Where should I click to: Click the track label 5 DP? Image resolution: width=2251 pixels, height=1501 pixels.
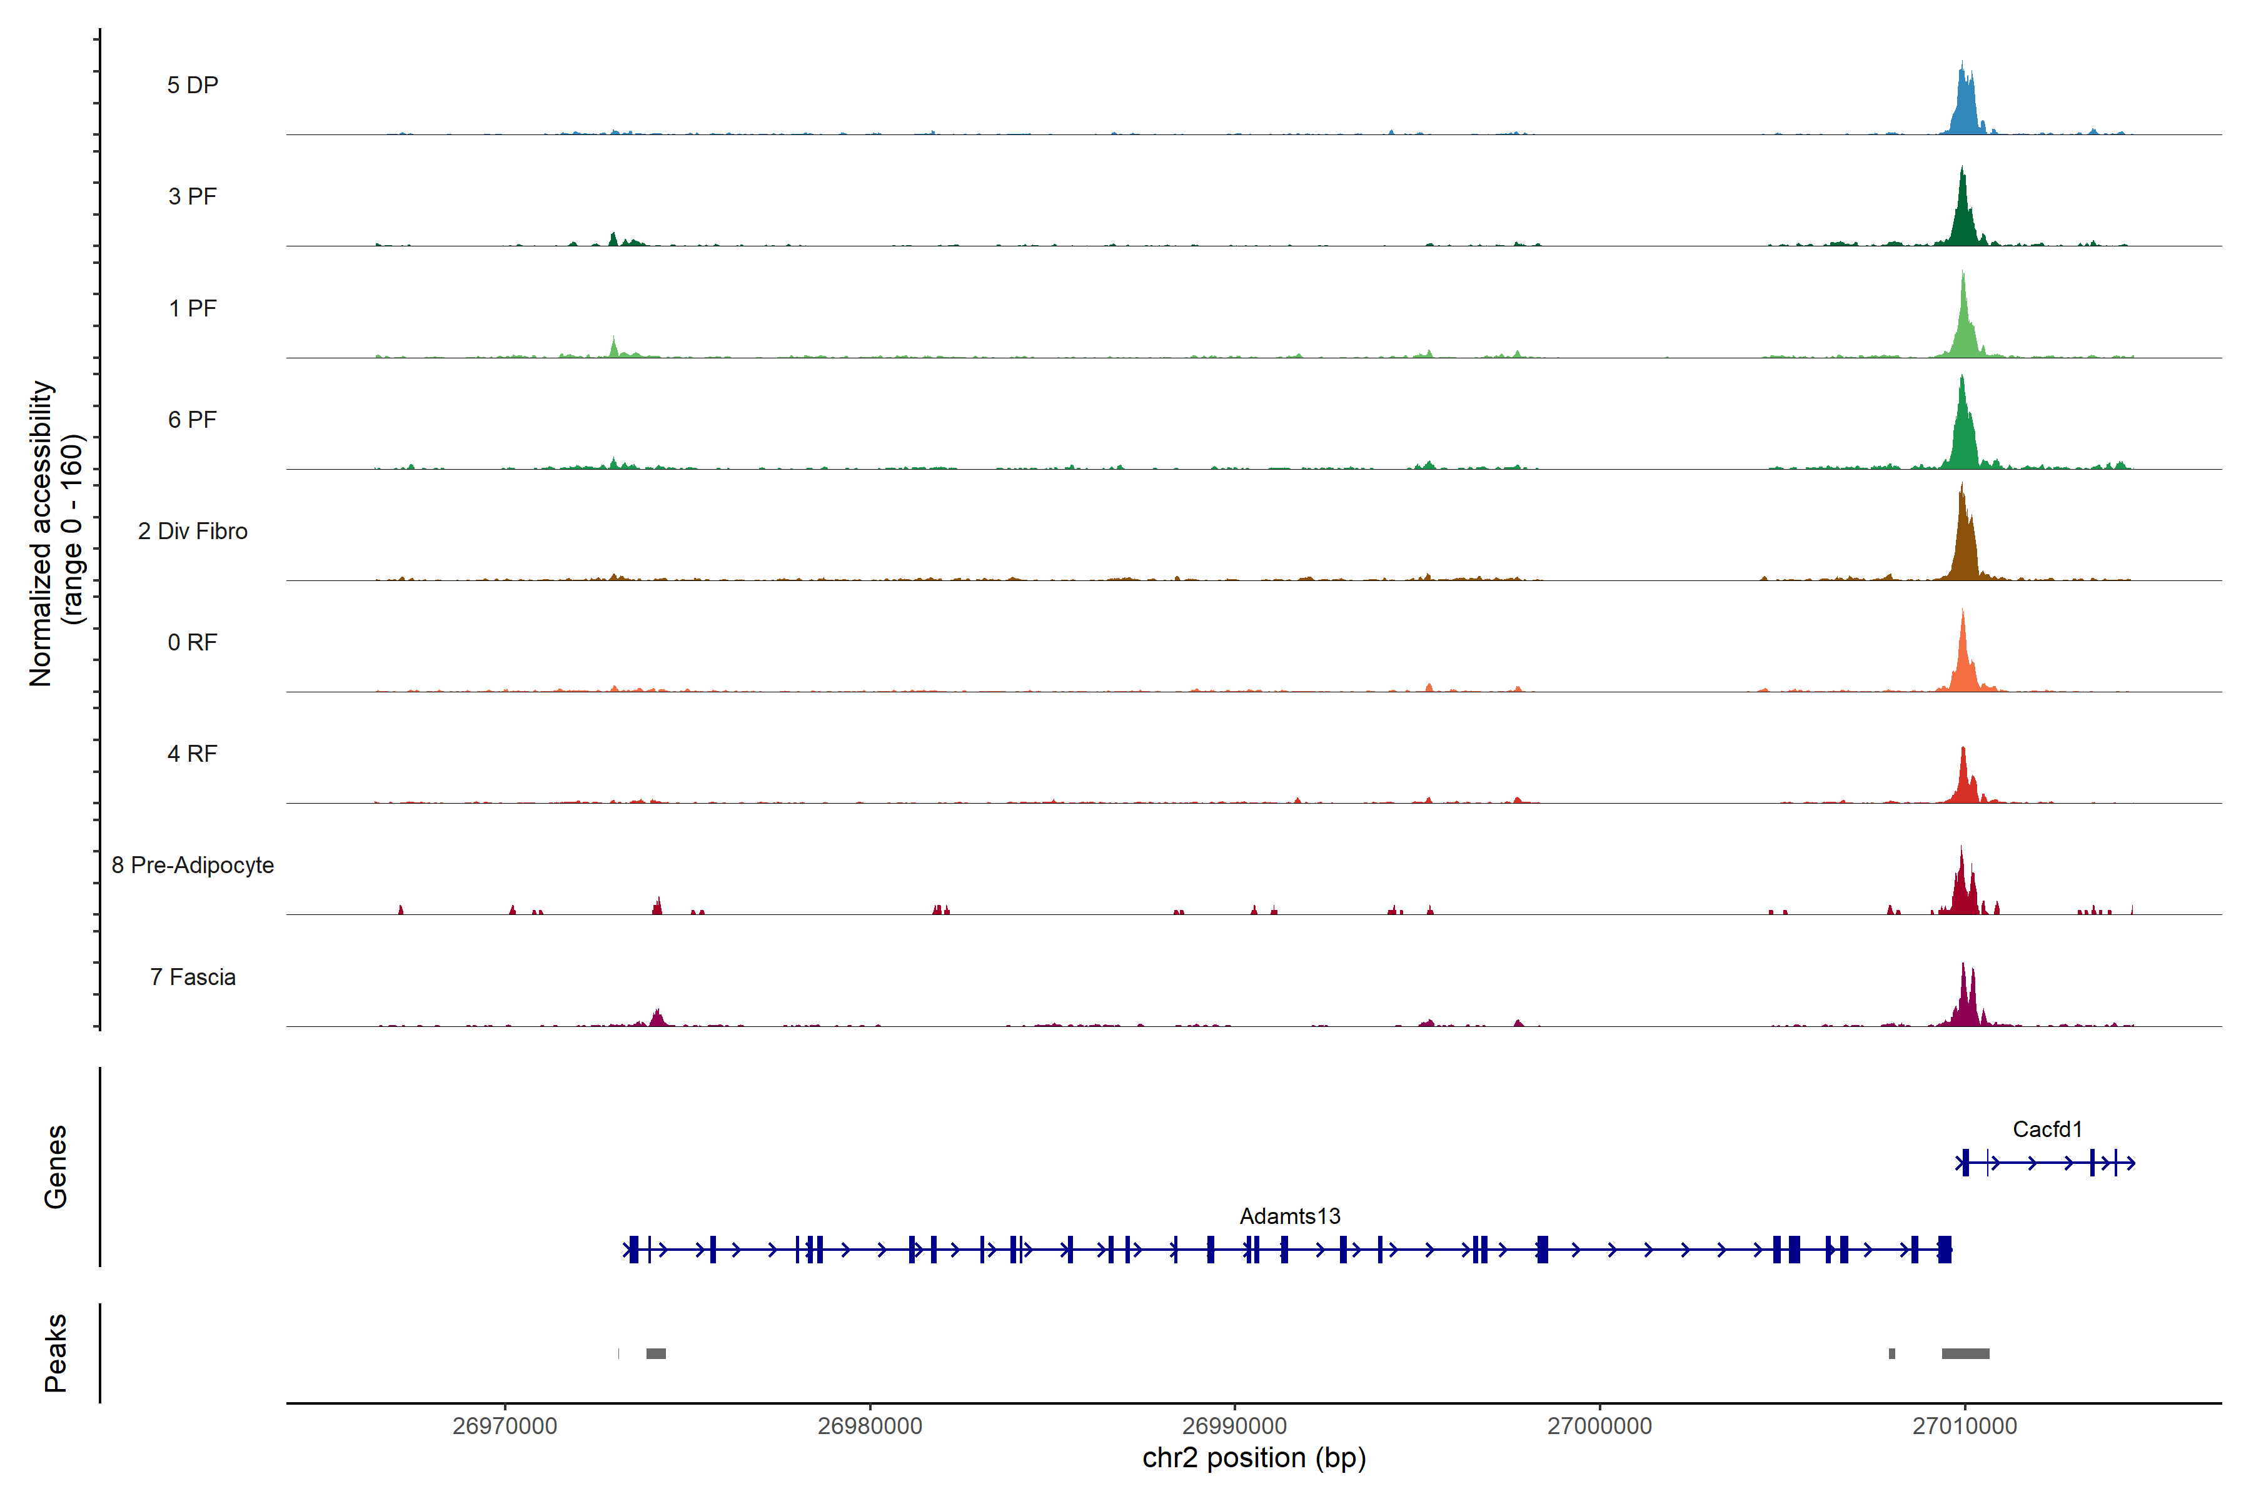pos(193,85)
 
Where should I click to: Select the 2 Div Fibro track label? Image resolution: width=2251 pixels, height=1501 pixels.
pos(193,531)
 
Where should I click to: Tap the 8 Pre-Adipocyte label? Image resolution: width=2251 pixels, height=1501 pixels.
pos(193,866)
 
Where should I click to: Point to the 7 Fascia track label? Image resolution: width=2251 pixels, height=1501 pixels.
pos(193,978)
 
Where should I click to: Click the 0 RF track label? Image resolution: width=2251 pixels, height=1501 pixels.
pos(193,642)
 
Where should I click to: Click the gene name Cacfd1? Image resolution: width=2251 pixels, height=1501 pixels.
pos(2047,1130)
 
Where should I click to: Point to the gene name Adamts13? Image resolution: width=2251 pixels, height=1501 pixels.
pos(1289,1216)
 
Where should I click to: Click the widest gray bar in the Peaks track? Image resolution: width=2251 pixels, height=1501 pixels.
pos(1965,1353)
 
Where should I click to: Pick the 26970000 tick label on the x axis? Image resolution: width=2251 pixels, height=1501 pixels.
pos(505,1427)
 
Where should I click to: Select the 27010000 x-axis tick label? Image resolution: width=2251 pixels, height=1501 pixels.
pos(1964,1427)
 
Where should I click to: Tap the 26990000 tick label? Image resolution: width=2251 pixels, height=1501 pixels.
pos(1234,1427)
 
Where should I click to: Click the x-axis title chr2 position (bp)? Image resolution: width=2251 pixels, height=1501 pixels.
pos(1254,1458)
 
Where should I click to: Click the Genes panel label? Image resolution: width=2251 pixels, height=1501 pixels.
pos(56,1167)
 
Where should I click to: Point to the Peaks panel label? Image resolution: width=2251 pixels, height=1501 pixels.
pos(56,1353)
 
